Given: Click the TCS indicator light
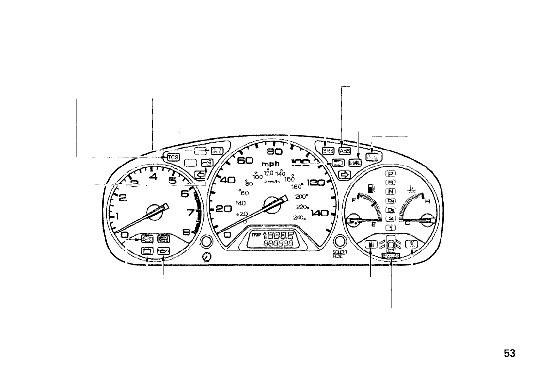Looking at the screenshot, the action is point(173,157).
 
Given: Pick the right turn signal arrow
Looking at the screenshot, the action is point(345,174).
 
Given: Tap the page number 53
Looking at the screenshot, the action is point(509,353).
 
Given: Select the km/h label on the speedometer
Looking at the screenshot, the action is point(272,181).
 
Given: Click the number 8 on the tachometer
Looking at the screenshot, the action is point(186,233).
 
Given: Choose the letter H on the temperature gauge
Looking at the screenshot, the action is point(427,202).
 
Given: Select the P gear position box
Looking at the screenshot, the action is point(391,174).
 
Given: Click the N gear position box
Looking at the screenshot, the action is point(391,192).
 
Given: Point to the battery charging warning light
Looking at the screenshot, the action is point(147,251).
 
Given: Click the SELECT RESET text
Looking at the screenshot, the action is point(339,254).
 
